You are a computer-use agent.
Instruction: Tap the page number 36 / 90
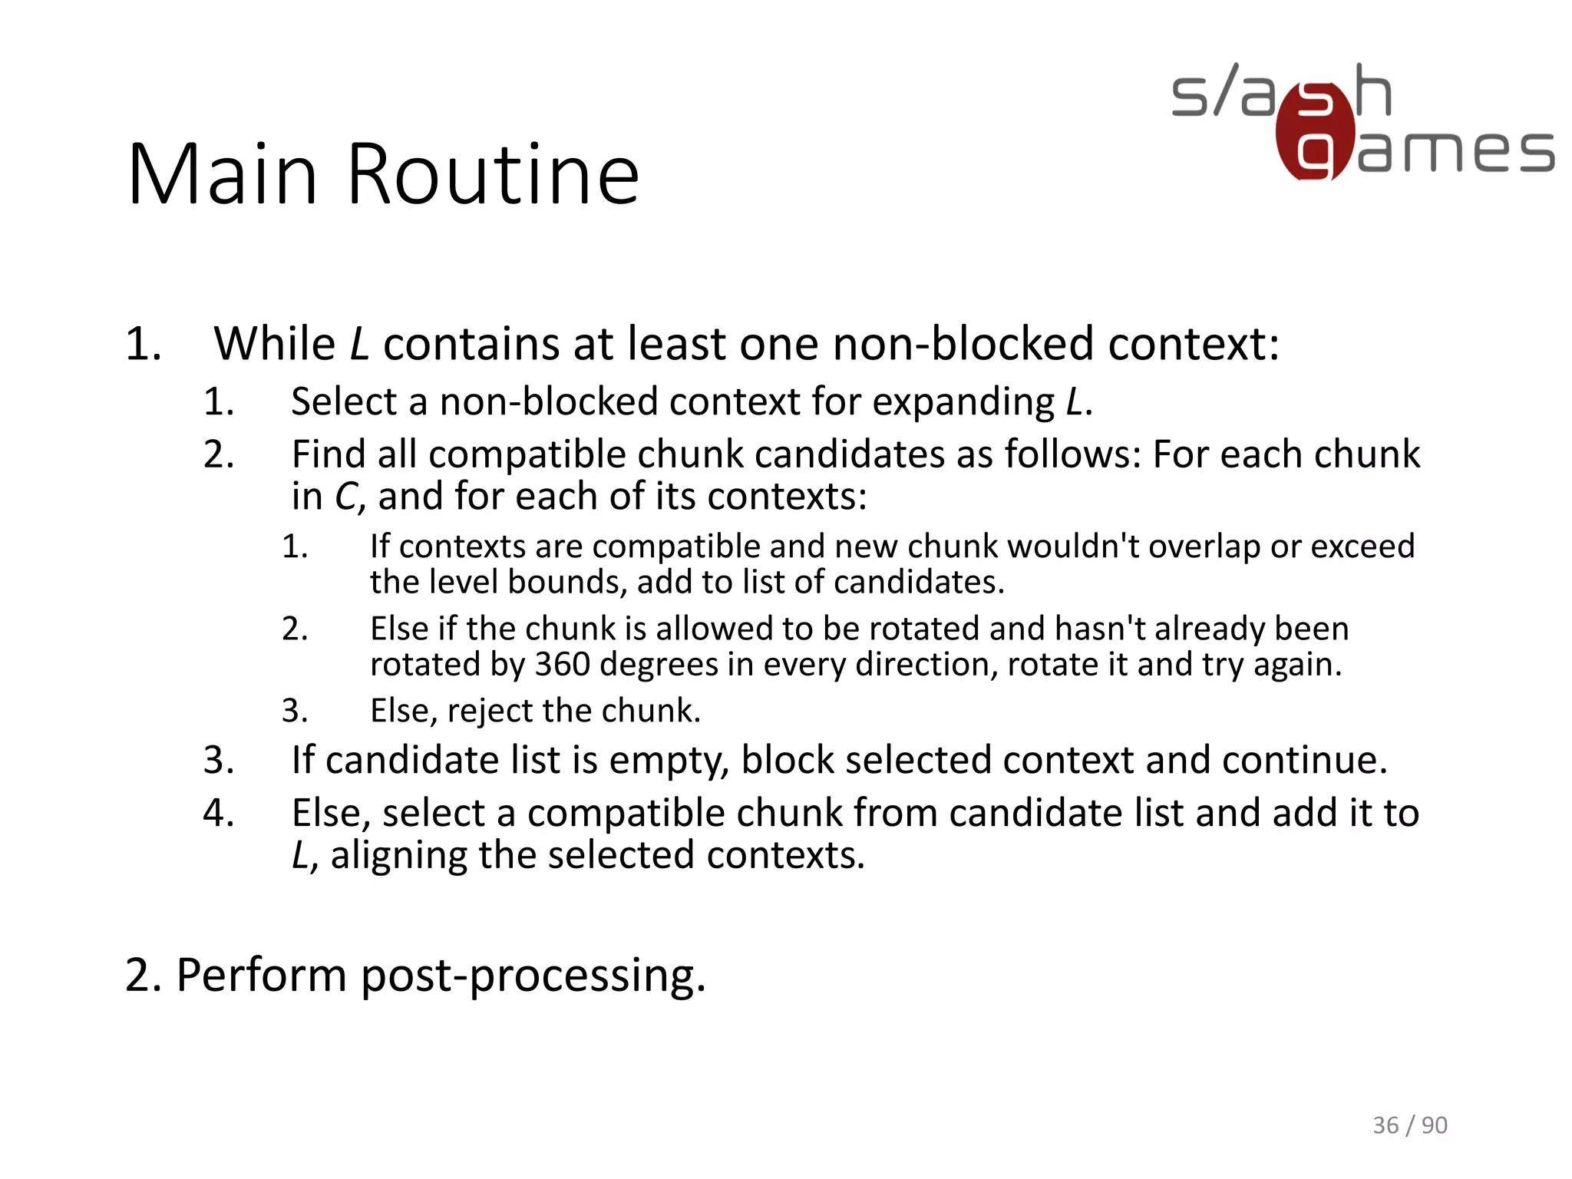point(1409,1125)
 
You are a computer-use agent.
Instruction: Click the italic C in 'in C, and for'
point(345,497)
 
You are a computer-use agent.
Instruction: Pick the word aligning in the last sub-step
point(398,855)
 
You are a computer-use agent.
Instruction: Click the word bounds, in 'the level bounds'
point(569,582)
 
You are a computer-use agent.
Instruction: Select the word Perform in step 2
point(261,976)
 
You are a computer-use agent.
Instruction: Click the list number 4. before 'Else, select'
point(218,813)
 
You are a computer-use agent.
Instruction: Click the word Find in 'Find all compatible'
point(328,454)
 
